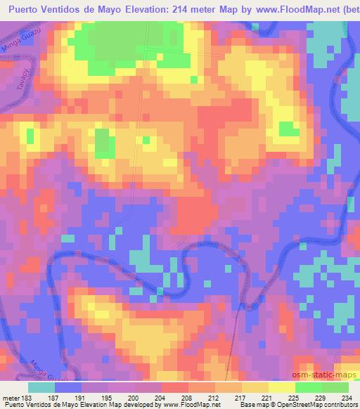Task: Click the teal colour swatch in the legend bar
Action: point(42,387)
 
